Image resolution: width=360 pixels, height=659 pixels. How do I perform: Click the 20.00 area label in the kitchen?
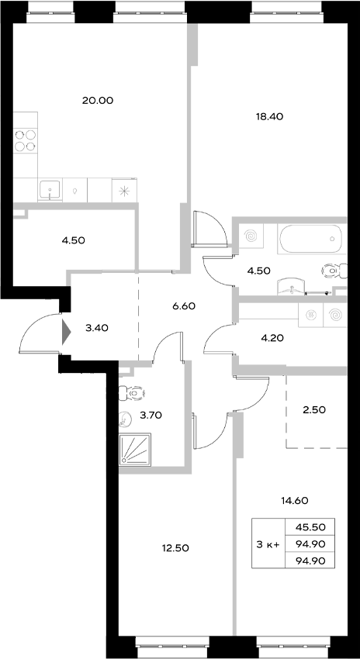pos(98,100)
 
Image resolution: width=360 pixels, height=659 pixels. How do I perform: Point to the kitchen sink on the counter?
pos(50,188)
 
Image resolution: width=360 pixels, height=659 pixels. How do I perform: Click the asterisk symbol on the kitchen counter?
pos(123,189)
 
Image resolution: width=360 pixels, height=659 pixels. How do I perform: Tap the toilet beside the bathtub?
pos(332,270)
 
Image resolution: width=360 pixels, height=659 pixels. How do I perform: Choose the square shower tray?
pos(137,449)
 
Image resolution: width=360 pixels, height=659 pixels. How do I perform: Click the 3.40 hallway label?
pos(96,328)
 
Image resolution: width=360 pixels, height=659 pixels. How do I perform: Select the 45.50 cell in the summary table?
pos(310,526)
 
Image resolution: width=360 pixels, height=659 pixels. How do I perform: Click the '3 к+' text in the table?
pos(268,543)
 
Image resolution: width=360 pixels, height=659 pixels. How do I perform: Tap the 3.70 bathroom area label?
pos(150,416)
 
